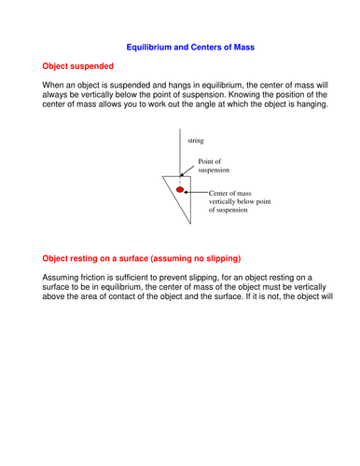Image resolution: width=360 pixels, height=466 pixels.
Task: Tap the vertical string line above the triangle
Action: click(x=178, y=149)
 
